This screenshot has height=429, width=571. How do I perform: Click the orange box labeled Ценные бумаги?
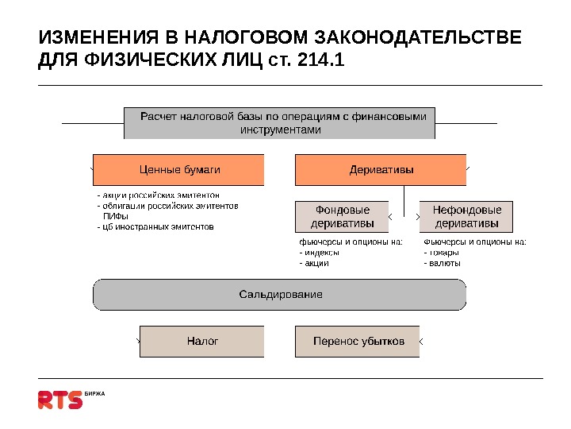point(178,169)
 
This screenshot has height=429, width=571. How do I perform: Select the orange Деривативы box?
point(381,169)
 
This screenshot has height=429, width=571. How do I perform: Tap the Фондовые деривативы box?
point(342,216)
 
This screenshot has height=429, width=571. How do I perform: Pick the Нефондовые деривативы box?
point(466,216)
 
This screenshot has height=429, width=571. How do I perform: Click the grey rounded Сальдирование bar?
point(280,294)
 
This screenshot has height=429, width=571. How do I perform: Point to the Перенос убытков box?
point(358,341)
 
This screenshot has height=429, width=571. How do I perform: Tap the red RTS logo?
point(60,399)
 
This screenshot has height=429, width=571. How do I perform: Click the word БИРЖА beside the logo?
point(94,393)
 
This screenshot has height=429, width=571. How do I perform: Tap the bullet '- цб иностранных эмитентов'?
point(155,226)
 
